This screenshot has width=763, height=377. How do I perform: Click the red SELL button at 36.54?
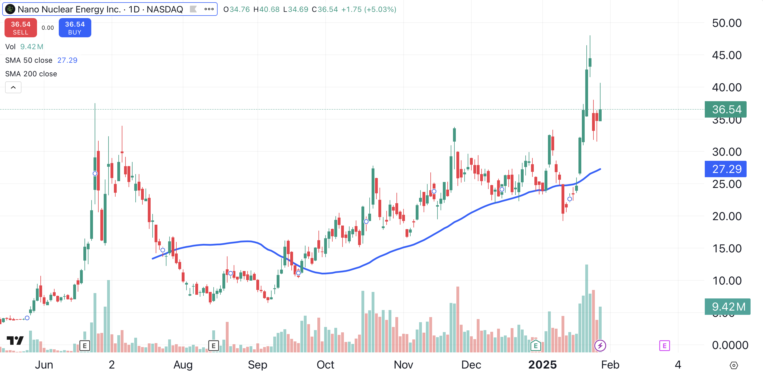(21, 28)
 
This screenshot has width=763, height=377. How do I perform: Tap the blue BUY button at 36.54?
(75, 28)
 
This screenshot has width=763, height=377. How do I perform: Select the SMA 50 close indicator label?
(29, 60)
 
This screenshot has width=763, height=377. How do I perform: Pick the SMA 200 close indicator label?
(31, 74)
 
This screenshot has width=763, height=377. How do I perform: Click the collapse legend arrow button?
(13, 88)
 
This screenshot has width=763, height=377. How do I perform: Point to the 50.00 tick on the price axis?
(727, 23)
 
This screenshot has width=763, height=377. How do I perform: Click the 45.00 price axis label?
(727, 55)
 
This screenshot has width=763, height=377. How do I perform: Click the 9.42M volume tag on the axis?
(727, 307)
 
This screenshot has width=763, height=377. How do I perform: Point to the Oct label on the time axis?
(325, 365)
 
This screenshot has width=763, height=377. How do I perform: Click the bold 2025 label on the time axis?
(542, 365)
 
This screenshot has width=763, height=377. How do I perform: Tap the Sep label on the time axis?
(257, 365)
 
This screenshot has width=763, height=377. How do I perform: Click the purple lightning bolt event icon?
(600, 346)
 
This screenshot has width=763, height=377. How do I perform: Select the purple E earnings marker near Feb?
(664, 346)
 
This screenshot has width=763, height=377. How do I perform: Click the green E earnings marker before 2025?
(536, 346)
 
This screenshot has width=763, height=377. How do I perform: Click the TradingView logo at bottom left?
(15, 341)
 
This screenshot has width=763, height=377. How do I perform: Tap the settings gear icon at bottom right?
(733, 365)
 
